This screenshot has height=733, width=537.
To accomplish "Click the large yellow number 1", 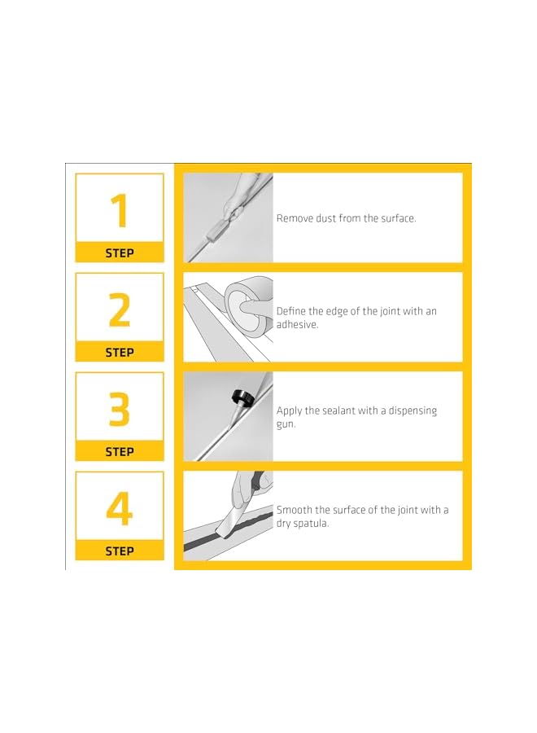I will pyautogui.click(x=120, y=210).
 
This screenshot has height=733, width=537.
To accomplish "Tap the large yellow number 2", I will pyautogui.click(x=120, y=309).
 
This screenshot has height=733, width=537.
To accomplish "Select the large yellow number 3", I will pyautogui.click(x=120, y=409).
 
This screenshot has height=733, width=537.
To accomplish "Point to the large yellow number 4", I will pyautogui.click(x=120, y=508).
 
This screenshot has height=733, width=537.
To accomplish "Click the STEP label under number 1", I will pyautogui.click(x=120, y=253).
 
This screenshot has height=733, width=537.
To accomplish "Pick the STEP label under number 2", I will pyautogui.click(x=120, y=353).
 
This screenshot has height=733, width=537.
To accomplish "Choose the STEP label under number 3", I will pyautogui.click(x=120, y=452).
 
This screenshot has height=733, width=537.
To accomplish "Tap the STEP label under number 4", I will pyautogui.click(x=120, y=551).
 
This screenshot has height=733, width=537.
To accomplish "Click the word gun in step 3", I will pyautogui.click(x=286, y=425).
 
